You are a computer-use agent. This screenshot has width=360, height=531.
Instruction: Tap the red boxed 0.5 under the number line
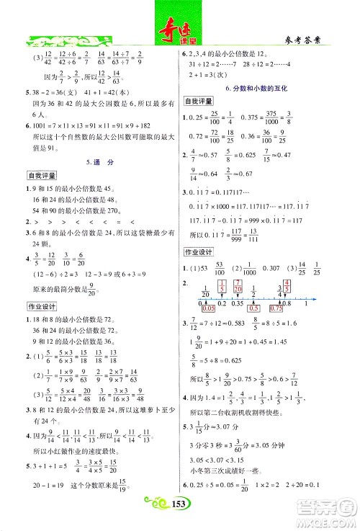coord(256,308)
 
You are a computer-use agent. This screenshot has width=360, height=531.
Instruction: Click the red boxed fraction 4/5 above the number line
coord(307,285)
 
